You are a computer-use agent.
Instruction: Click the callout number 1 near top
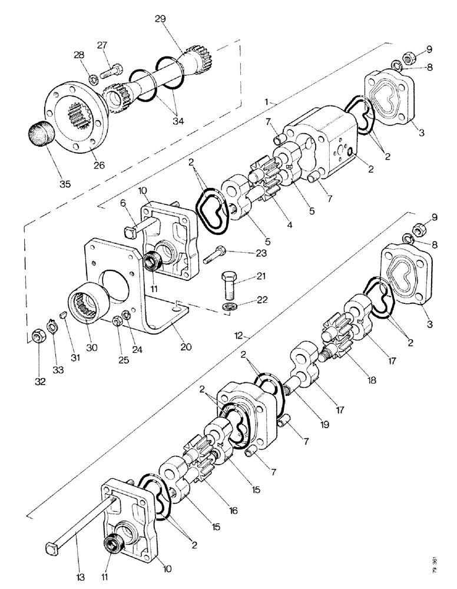pyautogui.click(x=267, y=102)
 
